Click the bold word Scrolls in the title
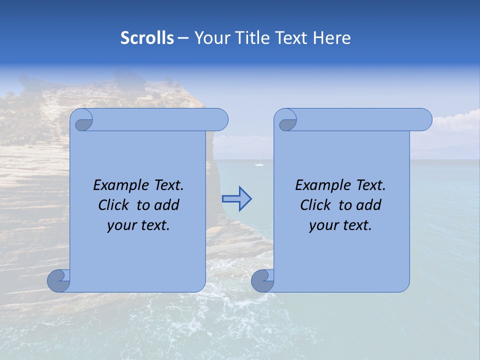[147, 38]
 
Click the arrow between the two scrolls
[236, 199]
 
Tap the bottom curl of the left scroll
[58, 280]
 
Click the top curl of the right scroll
[286, 120]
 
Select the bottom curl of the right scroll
[262, 280]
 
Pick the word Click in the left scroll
[113, 205]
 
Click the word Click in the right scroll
[315, 205]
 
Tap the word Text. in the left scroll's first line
[166, 185]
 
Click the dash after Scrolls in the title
[183, 38]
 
